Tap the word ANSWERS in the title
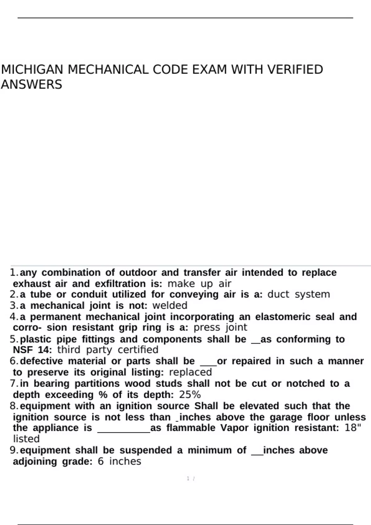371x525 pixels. click(x=31, y=85)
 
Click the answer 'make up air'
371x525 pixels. click(x=199, y=283)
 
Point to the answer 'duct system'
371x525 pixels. click(x=299, y=294)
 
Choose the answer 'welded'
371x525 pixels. click(x=170, y=305)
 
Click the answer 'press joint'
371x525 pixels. click(x=220, y=327)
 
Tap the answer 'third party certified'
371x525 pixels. click(x=108, y=350)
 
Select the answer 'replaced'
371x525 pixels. click(x=190, y=372)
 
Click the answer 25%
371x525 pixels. click(x=190, y=395)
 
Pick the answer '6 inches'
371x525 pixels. click(x=119, y=461)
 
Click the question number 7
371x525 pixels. click(x=14, y=384)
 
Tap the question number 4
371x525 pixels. click(x=14, y=317)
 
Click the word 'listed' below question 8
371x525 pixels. click(x=26, y=439)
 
